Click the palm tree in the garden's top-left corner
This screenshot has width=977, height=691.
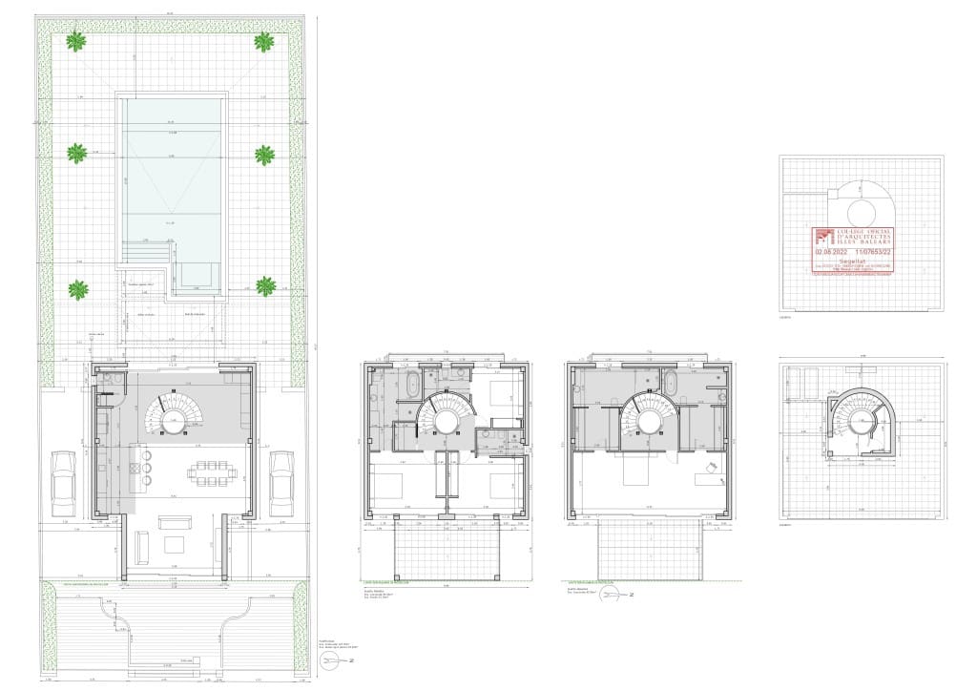(x=75, y=41)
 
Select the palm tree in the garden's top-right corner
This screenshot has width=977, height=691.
(x=264, y=41)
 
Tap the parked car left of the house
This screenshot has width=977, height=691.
(x=64, y=481)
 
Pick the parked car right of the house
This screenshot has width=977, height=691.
(x=281, y=481)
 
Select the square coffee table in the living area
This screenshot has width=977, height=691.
(x=175, y=545)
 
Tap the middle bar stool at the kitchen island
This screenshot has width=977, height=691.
(x=148, y=469)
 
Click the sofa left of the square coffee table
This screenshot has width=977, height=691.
(x=142, y=547)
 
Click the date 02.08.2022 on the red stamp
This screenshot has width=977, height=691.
(x=831, y=252)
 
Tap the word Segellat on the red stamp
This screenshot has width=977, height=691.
(x=852, y=260)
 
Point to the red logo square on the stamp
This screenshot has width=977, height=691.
(x=823, y=237)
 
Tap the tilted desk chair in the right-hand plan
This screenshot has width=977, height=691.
(x=711, y=467)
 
